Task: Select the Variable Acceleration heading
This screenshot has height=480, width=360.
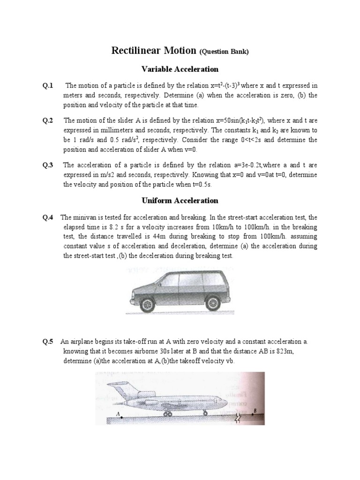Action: pos(180,69)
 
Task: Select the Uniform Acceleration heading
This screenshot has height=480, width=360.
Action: pos(180,200)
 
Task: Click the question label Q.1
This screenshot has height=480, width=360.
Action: pos(48,85)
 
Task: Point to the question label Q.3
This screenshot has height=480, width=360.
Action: pos(48,165)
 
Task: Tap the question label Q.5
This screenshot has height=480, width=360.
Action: pos(48,342)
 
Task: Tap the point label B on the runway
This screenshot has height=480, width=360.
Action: pos(255,411)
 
